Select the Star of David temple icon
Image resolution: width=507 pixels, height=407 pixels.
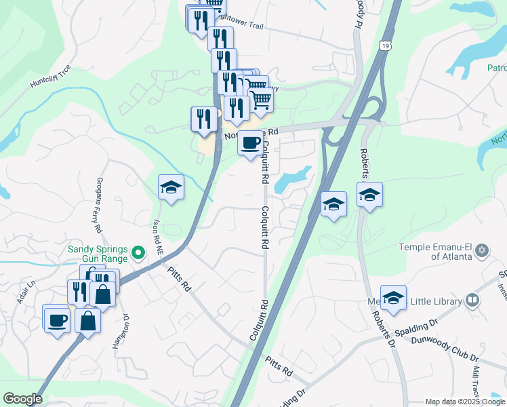pyautogui.click(x=482, y=250)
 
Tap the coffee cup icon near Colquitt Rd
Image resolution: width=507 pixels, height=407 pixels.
pyautogui.click(x=250, y=144)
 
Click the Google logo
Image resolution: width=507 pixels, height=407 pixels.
pyautogui.click(x=22, y=398)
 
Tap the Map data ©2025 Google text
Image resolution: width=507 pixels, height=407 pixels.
pyautogui.click(x=465, y=402)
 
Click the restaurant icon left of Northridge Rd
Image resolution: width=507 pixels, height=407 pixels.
pyautogui.click(x=204, y=119)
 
